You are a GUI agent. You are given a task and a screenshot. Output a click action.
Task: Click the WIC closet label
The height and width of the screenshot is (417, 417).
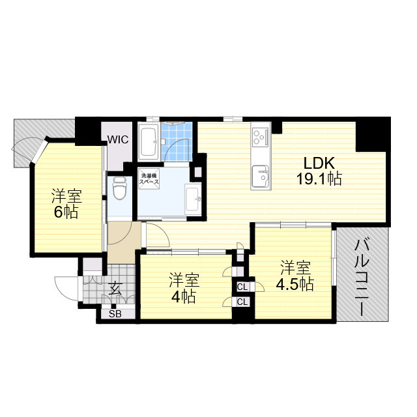click(118, 139)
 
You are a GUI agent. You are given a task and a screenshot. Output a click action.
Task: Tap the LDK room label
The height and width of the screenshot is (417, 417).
click(319, 164)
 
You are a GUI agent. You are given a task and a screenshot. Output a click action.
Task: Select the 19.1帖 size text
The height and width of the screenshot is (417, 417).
click(319, 179)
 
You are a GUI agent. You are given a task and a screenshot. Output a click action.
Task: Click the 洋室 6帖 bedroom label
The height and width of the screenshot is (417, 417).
click(66, 203)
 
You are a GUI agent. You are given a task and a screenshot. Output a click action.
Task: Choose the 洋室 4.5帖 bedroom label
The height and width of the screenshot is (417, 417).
click(295, 276)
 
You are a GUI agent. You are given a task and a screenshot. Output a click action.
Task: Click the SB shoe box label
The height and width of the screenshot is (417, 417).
click(115, 314)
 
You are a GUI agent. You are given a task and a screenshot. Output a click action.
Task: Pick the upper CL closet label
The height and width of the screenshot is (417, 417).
click(242, 287)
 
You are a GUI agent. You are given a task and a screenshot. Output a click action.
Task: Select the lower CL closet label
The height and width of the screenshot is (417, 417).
click(242, 302)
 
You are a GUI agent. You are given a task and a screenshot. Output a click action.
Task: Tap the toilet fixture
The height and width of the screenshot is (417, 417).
click(120, 188)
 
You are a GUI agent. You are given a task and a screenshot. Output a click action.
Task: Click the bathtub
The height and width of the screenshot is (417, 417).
click(149, 141)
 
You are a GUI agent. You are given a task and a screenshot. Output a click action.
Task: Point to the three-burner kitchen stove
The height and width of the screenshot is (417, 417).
click(261, 137)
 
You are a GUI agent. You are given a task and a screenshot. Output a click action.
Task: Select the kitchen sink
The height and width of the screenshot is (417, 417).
click(261, 176)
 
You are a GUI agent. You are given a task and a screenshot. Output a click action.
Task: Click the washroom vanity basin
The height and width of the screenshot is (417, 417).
click(194, 199)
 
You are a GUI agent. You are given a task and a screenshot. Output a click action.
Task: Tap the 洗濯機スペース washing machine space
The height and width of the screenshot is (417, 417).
click(149, 179)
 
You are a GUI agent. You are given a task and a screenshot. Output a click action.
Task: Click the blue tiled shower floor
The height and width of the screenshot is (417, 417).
click(177, 142)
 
